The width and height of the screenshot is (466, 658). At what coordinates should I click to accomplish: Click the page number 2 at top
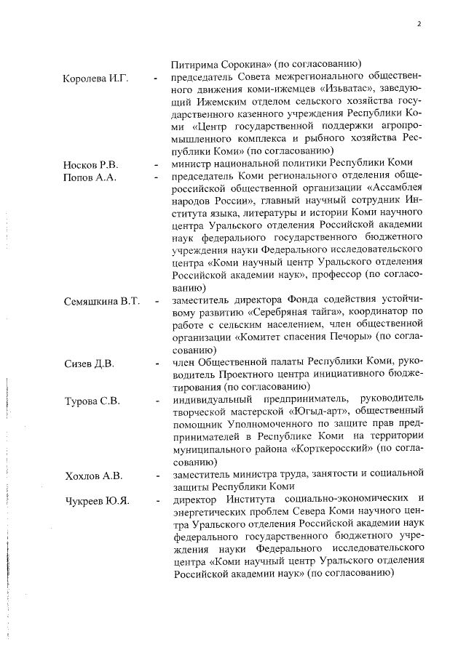pyautogui.click(x=419, y=23)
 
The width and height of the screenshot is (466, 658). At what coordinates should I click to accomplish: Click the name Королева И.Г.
pyautogui.click(x=95, y=78)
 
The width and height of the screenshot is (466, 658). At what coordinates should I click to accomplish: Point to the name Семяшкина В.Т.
pyautogui.click(x=100, y=300)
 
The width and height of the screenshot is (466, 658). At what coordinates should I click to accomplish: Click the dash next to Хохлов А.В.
pyautogui.click(x=156, y=476)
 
